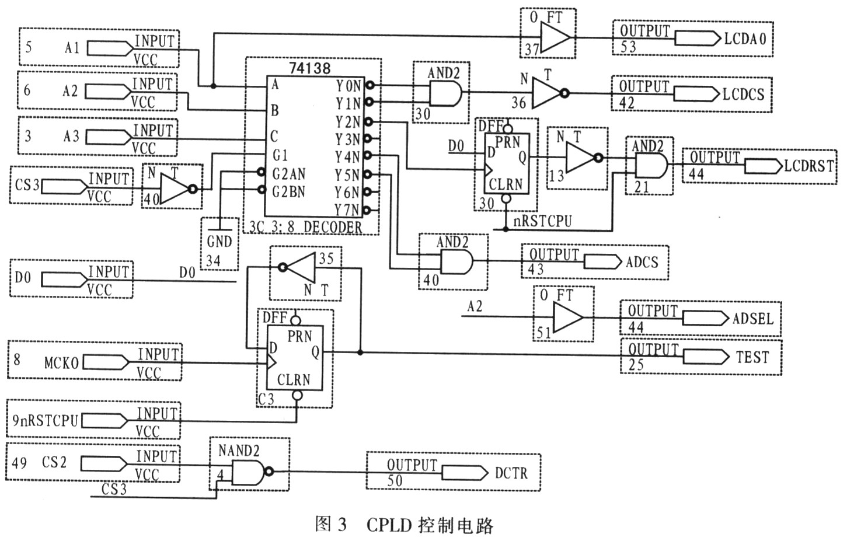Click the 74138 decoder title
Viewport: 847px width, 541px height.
309,68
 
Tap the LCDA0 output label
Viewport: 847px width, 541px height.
745,39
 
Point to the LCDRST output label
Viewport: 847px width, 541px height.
808,166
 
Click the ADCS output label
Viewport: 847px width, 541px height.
642,262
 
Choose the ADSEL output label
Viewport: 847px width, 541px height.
752,319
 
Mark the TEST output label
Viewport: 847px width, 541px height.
752,357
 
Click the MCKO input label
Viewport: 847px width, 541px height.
61,362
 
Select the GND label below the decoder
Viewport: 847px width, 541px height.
219,242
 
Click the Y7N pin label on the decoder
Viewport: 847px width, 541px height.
347,210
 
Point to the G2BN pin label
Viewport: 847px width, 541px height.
289,191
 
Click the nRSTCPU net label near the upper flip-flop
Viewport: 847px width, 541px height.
542,221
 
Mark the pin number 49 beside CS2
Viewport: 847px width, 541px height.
19,463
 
